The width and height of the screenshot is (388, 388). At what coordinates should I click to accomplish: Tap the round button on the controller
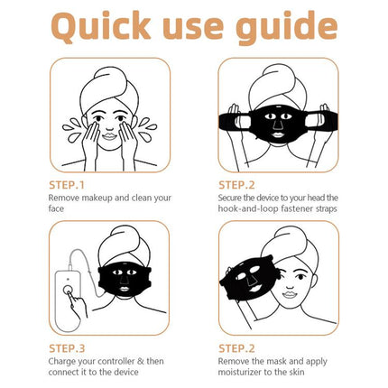coord(67,291)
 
